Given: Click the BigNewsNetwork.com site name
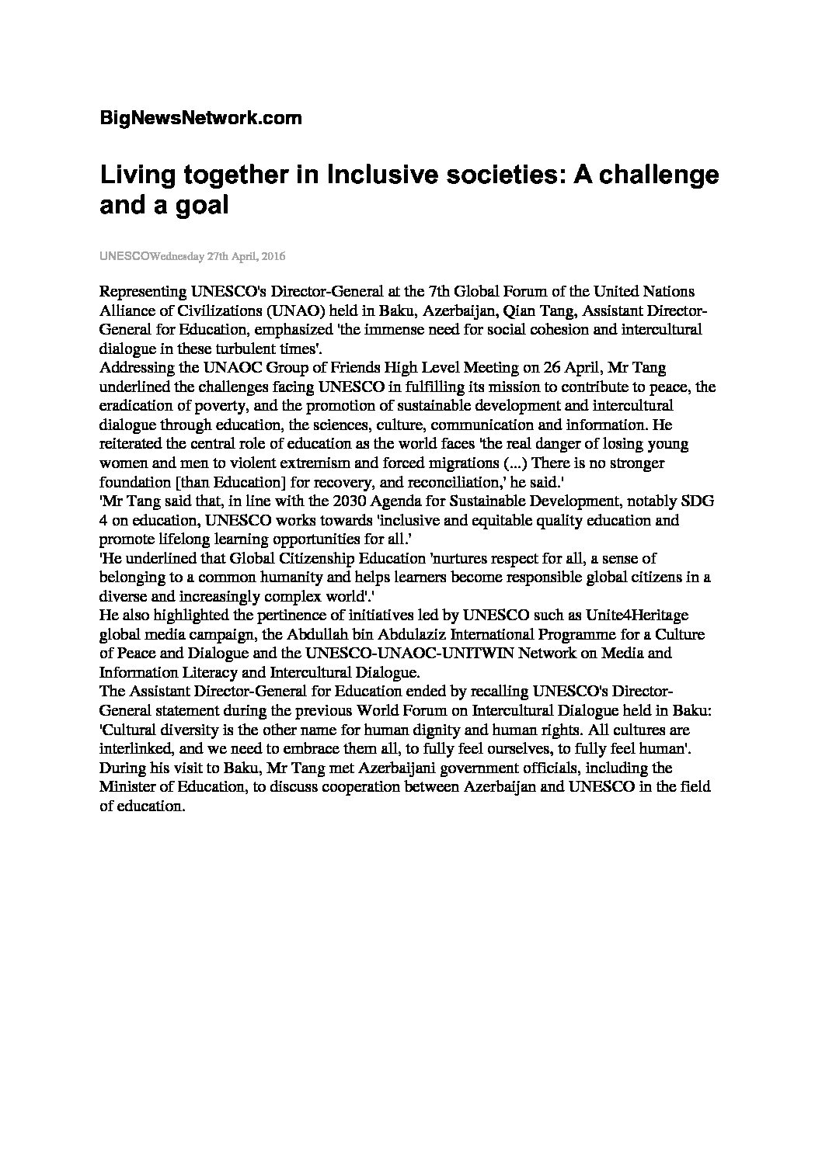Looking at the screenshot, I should tap(200, 119).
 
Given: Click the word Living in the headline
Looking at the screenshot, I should tap(135, 175).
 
